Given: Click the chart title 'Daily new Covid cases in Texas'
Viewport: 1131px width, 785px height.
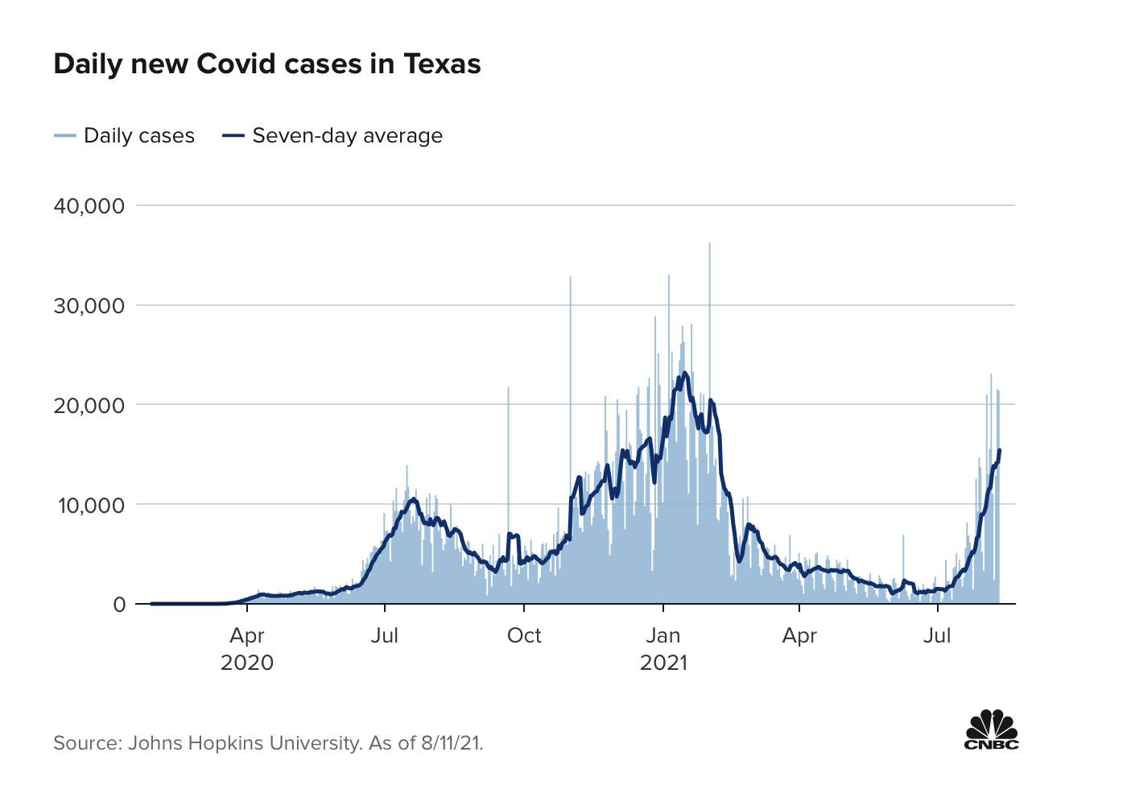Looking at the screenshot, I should point(266,64).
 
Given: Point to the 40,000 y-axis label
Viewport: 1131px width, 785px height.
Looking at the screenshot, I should point(89,206).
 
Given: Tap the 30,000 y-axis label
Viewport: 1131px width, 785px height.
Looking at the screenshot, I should point(89,306).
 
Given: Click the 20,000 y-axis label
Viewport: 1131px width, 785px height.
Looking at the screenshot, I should point(89,405).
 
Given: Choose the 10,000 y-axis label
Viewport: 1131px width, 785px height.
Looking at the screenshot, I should point(89,505).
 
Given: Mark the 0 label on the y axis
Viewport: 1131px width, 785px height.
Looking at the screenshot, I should point(119,604).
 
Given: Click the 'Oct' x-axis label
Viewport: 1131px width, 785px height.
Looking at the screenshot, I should point(524,635).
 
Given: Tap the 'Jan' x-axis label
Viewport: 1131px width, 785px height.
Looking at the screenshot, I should point(663,635).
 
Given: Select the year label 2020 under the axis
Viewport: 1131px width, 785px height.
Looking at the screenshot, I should point(247,663).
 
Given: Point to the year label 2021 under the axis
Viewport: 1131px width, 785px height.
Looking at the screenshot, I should point(663,663).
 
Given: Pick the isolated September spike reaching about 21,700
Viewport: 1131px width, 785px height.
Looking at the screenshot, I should point(508,389).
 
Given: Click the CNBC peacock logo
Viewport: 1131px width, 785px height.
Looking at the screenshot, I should point(992,729).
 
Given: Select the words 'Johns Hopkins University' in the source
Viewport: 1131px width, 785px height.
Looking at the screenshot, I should point(244,742).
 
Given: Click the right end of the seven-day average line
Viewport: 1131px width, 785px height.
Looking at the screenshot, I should point(999,451).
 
